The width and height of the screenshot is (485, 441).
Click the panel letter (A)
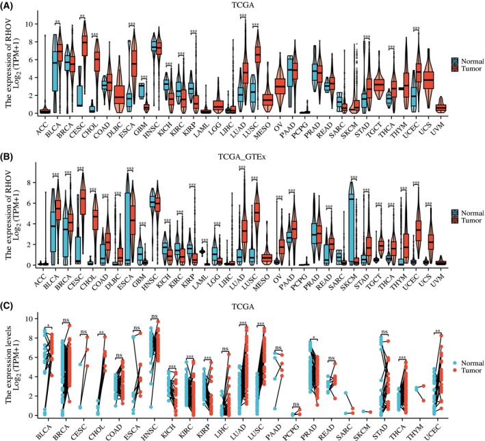(x=10, y=6)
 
